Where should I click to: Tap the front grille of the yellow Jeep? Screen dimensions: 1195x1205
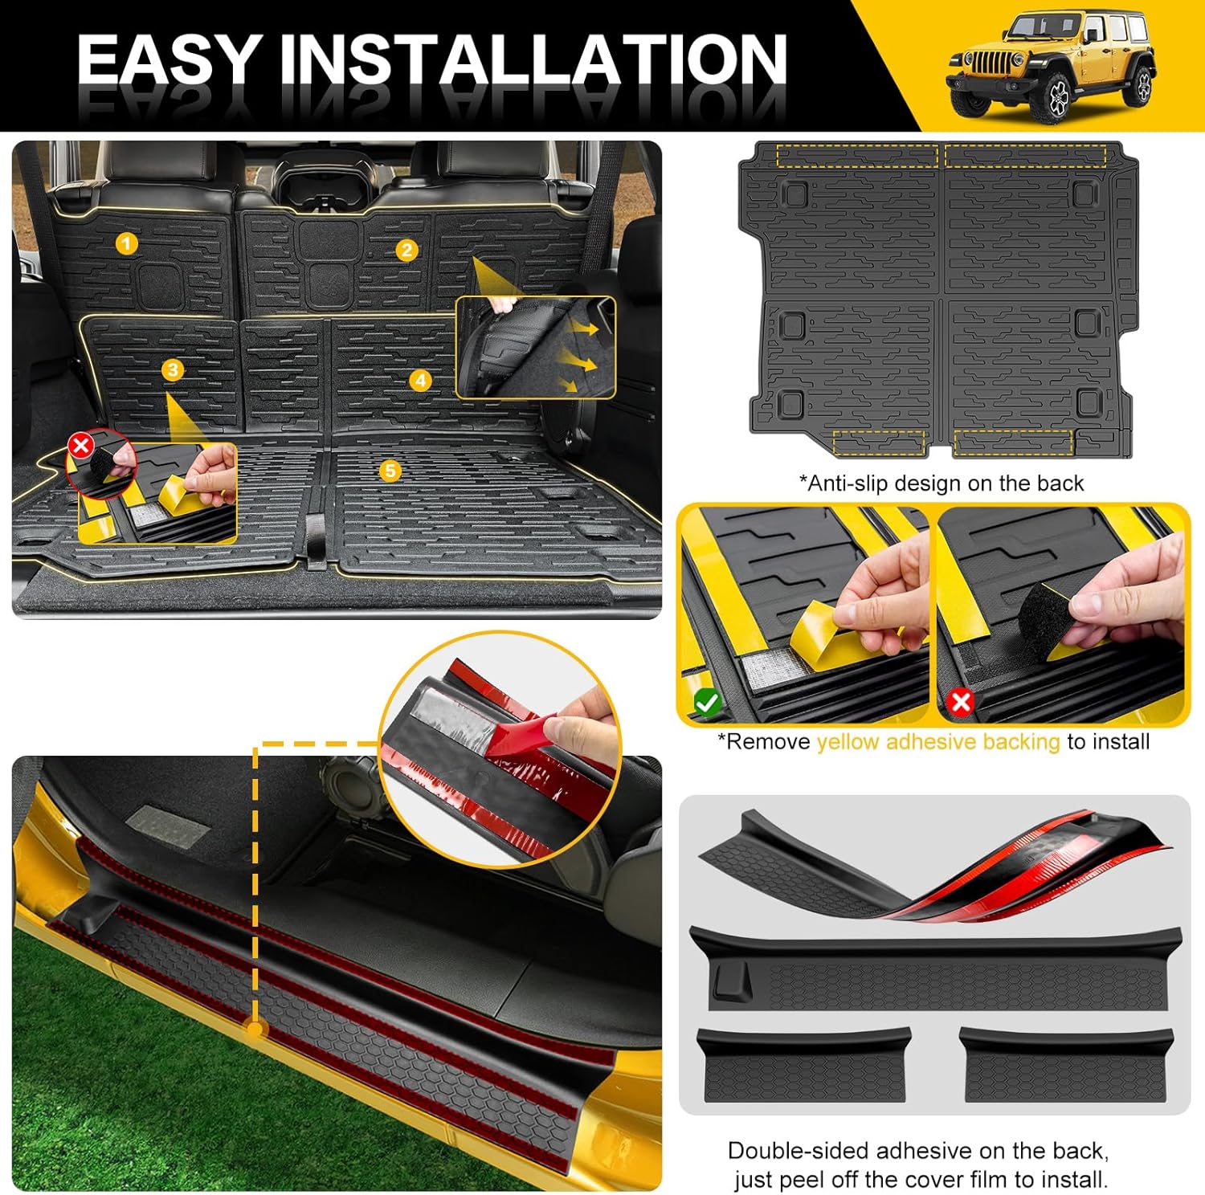982,63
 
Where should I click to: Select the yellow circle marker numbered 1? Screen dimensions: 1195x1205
127,243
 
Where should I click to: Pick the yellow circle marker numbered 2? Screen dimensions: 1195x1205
406,250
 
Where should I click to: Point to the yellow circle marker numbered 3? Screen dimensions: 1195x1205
173,369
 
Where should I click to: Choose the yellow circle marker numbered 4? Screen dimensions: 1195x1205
420,380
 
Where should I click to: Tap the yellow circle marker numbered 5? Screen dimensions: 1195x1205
390,470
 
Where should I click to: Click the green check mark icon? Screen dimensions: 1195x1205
707,703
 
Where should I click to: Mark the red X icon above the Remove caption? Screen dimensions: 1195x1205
961,703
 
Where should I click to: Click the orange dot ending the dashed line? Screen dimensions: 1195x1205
255,1028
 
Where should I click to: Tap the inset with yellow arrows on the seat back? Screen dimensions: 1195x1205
535,347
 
